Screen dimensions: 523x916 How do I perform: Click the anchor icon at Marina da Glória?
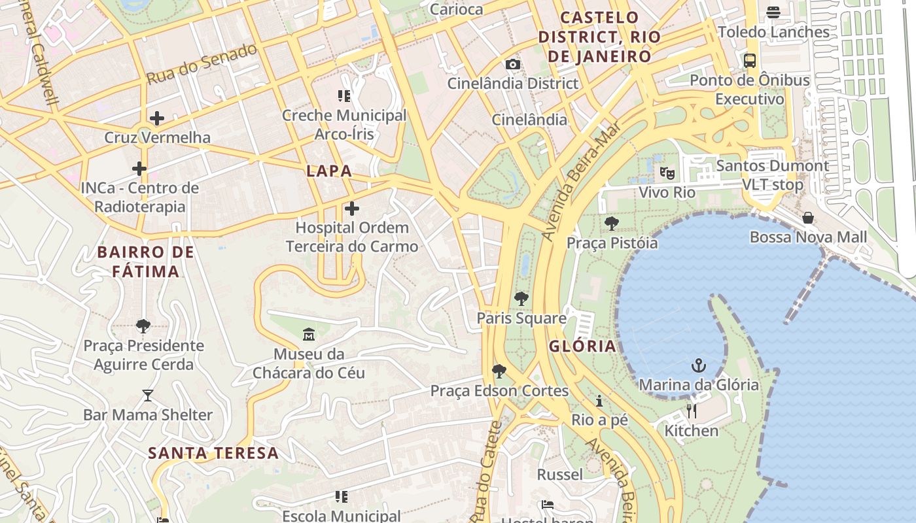(x=699, y=365)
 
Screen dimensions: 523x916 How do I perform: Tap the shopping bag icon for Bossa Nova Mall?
(x=808, y=218)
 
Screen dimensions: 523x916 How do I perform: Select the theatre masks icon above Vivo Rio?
(x=667, y=173)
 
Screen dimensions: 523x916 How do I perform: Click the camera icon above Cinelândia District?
(x=513, y=64)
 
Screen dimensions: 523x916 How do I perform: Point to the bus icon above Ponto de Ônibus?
(x=750, y=61)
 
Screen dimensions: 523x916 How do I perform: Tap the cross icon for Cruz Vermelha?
(x=157, y=118)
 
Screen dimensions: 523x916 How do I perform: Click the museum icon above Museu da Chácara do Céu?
(x=309, y=335)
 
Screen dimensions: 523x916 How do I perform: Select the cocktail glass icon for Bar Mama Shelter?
(x=148, y=396)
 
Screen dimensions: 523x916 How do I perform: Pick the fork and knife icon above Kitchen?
(x=692, y=411)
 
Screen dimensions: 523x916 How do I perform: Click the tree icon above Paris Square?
(x=521, y=299)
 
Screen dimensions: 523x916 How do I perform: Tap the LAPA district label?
(x=330, y=171)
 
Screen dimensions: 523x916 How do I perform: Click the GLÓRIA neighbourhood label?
(x=582, y=346)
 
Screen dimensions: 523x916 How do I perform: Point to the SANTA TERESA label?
(x=213, y=452)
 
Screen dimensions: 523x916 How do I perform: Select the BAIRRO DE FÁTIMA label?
(x=146, y=261)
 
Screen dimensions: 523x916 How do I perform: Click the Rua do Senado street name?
(x=202, y=63)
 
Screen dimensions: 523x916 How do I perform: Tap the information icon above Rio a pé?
(x=599, y=401)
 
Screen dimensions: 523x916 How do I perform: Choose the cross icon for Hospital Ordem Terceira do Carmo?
(x=352, y=209)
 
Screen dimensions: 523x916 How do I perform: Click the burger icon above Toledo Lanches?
(x=773, y=12)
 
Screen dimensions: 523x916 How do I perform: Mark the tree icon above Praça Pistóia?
(x=612, y=224)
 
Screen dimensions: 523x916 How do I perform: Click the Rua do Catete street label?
(x=489, y=471)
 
